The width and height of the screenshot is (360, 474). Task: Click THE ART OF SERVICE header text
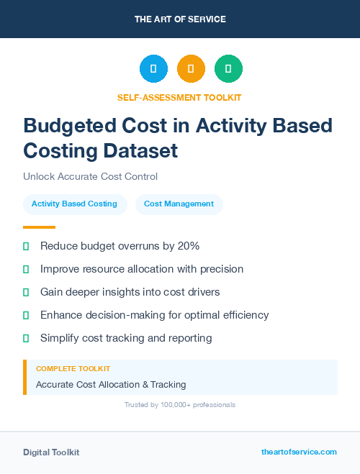click(180, 19)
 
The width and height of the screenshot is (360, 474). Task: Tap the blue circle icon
click(153, 69)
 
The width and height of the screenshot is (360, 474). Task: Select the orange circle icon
click(191, 69)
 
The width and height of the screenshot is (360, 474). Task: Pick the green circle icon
click(228, 69)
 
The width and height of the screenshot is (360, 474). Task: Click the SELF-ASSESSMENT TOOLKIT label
click(179, 97)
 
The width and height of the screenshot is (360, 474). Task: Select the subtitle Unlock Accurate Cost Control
click(90, 176)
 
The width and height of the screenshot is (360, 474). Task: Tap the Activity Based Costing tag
click(74, 204)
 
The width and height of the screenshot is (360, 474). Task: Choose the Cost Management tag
click(179, 204)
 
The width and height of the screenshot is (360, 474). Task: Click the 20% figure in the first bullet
click(189, 246)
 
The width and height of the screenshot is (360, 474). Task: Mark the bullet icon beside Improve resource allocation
click(26, 269)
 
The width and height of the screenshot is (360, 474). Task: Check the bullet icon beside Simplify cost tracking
click(26, 338)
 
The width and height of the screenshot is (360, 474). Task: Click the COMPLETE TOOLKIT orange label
click(73, 369)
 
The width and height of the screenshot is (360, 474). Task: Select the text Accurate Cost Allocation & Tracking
click(111, 385)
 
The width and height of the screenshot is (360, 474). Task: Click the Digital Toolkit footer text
click(51, 452)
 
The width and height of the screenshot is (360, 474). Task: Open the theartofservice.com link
click(299, 452)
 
